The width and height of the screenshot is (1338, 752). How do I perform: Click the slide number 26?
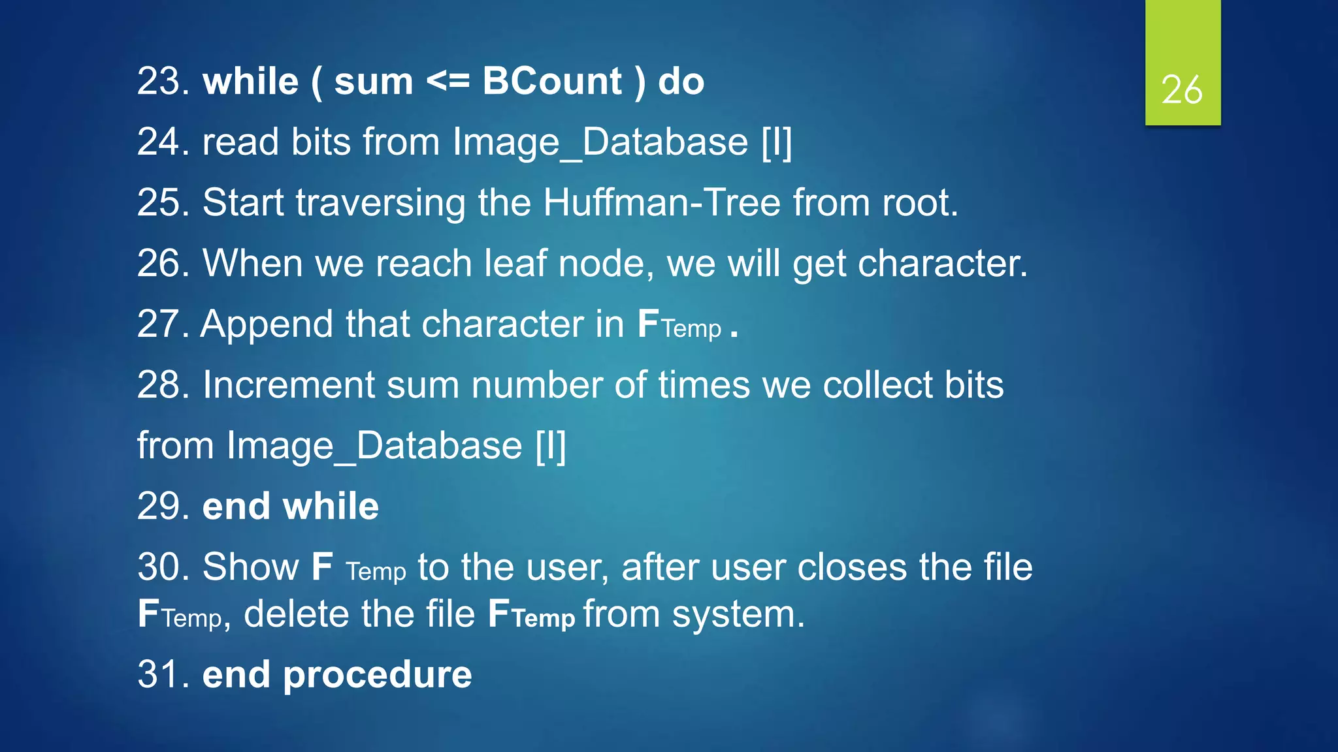tap(1182, 89)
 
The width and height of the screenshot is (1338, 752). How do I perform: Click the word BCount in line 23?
tap(552, 82)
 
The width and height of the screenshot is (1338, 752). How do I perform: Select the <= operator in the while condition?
tap(448, 82)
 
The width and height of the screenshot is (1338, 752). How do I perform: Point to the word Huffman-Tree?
tap(662, 202)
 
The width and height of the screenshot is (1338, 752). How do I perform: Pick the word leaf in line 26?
tap(515, 263)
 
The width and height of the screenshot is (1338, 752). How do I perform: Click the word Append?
tap(267, 325)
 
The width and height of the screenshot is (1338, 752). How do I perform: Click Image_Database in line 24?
tap(600, 142)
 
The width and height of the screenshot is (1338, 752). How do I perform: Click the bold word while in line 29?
tap(331, 506)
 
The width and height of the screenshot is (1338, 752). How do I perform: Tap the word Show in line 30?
tap(251, 567)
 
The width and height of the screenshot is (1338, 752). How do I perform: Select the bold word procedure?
tap(377, 674)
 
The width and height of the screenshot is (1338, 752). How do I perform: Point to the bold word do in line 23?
tap(681, 82)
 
